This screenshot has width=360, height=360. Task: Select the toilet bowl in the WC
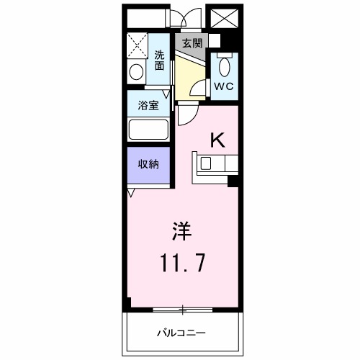tap(223, 67)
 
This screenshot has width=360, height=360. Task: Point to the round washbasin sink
tap(136, 72)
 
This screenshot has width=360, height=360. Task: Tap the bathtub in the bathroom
tap(148, 130)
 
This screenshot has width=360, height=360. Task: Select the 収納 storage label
tap(148, 163)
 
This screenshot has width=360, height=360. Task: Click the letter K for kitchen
tap(216, 140)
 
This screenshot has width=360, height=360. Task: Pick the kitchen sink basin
tap(207, 163)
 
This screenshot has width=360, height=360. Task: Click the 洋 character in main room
tap(181, 232)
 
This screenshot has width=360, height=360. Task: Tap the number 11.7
tap(181, 262)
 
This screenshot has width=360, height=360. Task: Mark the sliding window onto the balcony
tap(183, 310)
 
